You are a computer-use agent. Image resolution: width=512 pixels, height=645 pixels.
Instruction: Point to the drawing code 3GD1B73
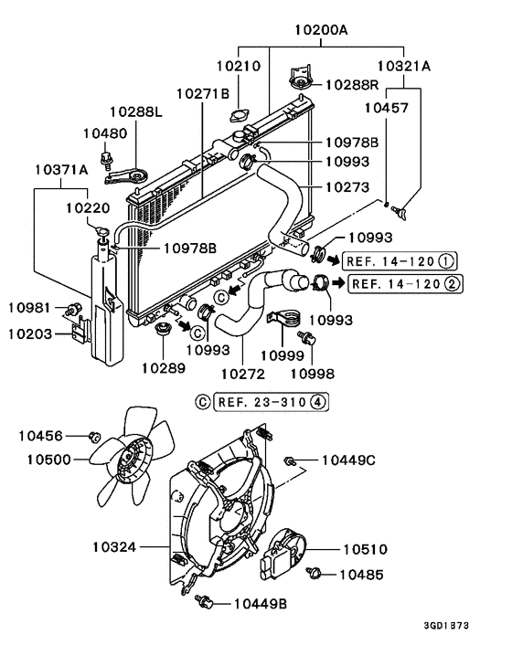(x=470, y=627)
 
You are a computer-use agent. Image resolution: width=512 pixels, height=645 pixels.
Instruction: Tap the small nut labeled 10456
(x=93, y=437)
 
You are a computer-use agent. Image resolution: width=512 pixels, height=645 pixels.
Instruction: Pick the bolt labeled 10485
(x=316, y=574)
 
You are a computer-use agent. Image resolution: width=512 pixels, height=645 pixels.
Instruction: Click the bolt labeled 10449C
(x=290, y=460)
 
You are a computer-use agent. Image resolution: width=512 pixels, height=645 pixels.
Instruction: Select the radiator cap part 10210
(x=241, y=118)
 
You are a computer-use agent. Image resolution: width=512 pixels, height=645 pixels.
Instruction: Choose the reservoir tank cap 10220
(x=102, y=227)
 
